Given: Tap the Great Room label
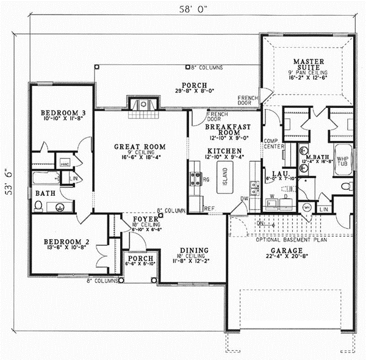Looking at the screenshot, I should coord(140,146).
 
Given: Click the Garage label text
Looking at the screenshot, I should coord(284,250).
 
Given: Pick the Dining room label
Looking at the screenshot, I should coord(195,250).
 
